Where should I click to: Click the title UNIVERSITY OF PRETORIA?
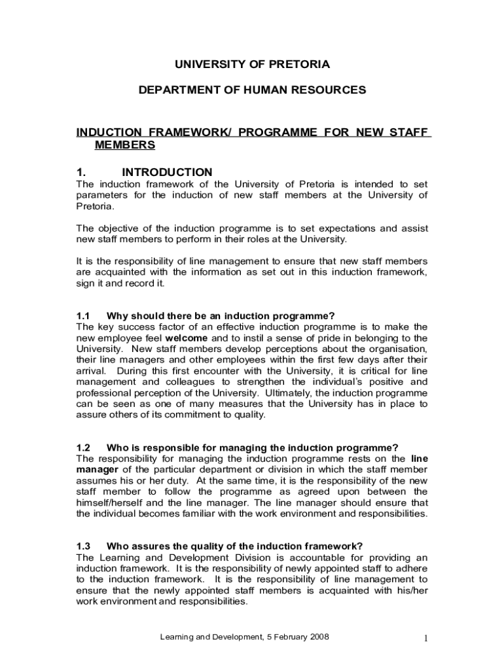coord(252,64)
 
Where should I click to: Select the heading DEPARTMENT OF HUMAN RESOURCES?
coord(252,90)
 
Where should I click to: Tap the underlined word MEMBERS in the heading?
coord(125,145)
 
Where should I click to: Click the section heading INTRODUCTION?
coord(167,172)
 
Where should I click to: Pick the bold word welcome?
coord(187,338)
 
